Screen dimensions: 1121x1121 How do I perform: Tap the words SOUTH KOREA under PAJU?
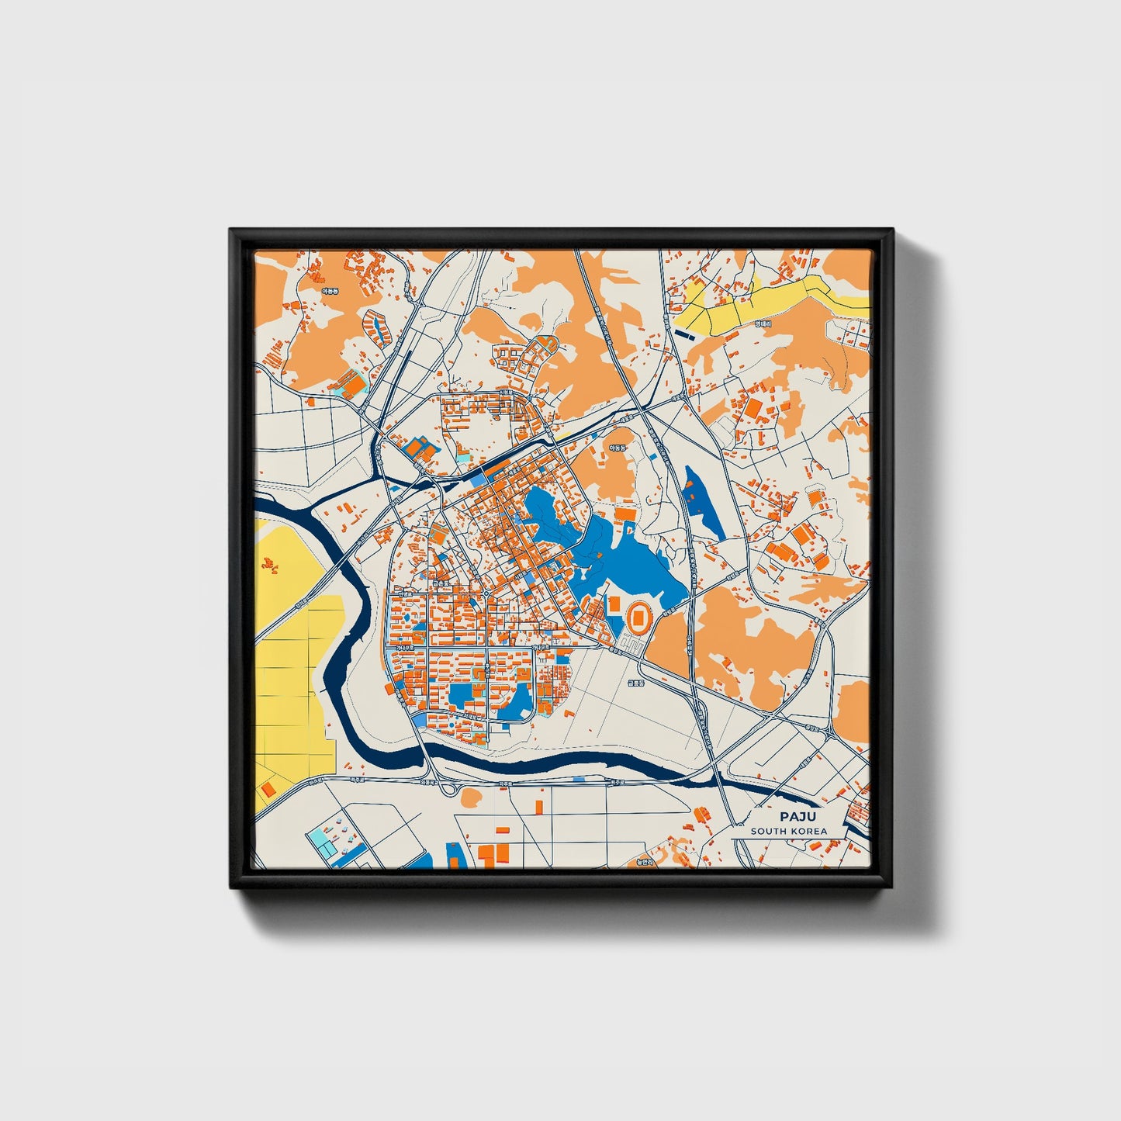[788, 831]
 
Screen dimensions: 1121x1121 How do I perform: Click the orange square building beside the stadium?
[614, 604]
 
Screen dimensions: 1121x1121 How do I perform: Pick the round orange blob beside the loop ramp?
[471, 797]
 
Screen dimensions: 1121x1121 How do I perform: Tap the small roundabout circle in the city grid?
[486, 594]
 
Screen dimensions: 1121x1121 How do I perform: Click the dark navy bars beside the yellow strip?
[686, 334]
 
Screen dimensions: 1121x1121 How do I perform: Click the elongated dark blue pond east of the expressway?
[704, 500]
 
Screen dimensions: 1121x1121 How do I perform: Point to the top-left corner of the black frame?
[231, 230]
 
